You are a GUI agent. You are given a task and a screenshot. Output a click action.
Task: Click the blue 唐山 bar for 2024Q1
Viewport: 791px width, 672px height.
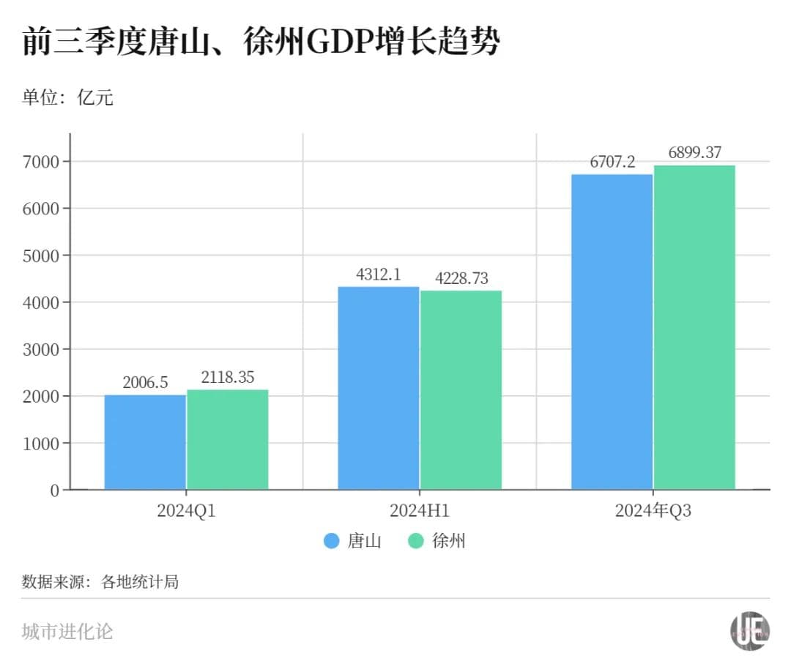point(145,442)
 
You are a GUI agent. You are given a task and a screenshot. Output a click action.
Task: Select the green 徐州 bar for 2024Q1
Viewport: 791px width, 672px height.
point(228,439)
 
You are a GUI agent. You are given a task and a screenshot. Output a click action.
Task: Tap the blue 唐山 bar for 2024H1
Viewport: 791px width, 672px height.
point(379,388)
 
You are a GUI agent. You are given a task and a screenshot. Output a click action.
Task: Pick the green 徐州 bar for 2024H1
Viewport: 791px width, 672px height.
point(461,390)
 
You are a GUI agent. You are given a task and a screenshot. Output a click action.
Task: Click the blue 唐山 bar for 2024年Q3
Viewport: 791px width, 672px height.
point(612,332)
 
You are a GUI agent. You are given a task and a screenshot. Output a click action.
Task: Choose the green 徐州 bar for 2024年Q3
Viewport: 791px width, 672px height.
point(694,327)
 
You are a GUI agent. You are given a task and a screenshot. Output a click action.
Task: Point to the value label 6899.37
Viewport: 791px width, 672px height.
point(694,153)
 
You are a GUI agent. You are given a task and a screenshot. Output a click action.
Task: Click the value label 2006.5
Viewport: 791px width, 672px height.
point(145,382)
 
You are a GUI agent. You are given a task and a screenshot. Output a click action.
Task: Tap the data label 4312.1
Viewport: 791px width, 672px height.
point(379,275)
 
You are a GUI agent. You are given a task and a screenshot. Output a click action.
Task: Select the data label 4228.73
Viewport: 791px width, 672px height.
point(461,278)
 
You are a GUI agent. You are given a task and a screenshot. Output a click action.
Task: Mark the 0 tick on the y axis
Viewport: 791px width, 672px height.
point(55,490)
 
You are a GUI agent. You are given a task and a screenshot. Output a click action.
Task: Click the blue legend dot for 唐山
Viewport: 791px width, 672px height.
point(332,542)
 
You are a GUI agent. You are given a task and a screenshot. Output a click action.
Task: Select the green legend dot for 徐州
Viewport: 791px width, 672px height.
point(416,542)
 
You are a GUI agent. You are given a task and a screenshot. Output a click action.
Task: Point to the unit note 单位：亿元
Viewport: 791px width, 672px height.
point(67,97)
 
